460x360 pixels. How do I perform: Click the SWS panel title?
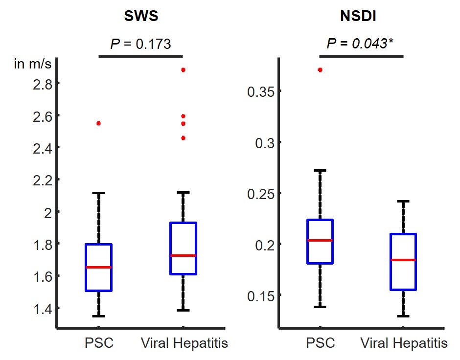pos(141,17)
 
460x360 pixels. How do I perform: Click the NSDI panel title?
pos(361,17)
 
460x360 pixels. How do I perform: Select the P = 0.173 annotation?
pos(140,44)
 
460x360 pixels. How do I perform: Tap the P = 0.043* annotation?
pos(360,44)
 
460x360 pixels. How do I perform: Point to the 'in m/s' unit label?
pos(32,64)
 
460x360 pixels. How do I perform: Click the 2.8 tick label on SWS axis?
pos(42,84)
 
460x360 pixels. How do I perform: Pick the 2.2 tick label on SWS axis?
pos(42,180)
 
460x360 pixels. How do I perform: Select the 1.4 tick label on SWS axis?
pos(42,308)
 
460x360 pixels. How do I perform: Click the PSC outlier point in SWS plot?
pos(98,123)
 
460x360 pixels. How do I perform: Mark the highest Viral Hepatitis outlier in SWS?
pos(183,70)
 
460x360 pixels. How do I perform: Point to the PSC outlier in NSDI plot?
pos(320,70)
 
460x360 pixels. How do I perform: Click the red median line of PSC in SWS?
pos(98,267)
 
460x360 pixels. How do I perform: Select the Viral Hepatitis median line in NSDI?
pos(403,260)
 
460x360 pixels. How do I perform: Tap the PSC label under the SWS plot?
pos(98,343)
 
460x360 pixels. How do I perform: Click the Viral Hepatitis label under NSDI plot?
pos(404,343)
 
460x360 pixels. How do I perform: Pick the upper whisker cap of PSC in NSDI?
pos(320,171)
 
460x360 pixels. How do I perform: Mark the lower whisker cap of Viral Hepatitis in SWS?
pos(183,310)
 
